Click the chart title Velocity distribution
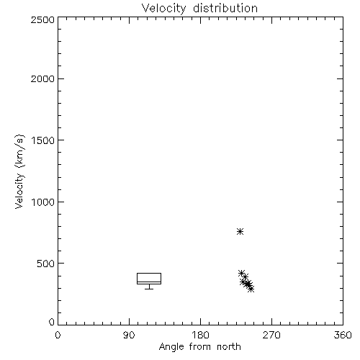(x=199, y=9)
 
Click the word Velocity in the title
(x=163, y=9)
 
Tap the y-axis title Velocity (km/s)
(x=19, y=171)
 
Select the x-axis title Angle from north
(x=199, y=347)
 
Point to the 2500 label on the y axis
(x=42, y=19)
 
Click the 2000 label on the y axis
(x=42, y=78)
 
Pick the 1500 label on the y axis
(x=43, y=140)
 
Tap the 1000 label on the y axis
(x=43, y=202)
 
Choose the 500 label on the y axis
(x=46, y=264)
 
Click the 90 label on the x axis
(x=129, y=335)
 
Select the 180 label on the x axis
(x=200, y=335)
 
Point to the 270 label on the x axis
(x=271, y=335)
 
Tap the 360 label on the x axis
(x=343, y=335)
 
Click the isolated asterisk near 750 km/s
(x=240, y=231)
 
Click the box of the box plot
(x=149, y=273)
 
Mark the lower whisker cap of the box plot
(x=149, y=289)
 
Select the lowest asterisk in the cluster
(x=251, y=289)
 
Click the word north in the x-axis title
(x=229, y=347)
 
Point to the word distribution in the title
(x=225, y=9)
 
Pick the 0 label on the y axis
(x=52, y=322)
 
